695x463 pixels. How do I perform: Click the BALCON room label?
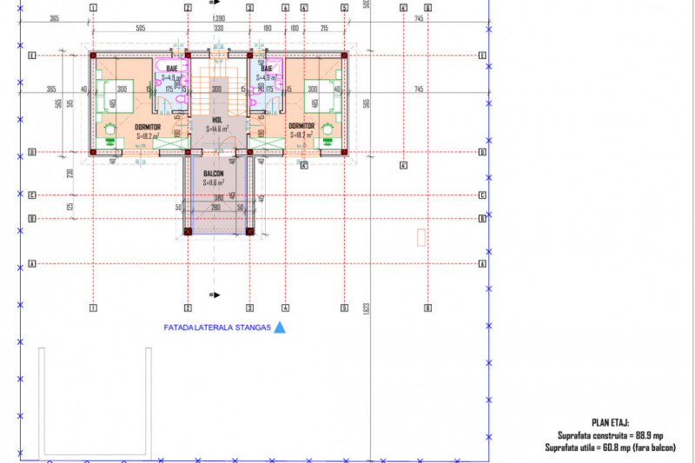[214, 174]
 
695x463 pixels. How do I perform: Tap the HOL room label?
[218, 121]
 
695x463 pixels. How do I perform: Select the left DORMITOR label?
[149, 126]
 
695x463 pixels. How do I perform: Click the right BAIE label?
[267, 68]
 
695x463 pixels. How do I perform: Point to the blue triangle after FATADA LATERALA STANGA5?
[279, 328]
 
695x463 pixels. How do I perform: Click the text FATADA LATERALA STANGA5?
[218, 328]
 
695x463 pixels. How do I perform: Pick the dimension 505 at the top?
[140, 28]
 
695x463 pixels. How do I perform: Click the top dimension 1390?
[219, 18]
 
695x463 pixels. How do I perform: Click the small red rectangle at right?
[421, 236]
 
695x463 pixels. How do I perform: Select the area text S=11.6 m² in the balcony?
[215, 183]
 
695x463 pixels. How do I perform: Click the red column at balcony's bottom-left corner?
[187, 232]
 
